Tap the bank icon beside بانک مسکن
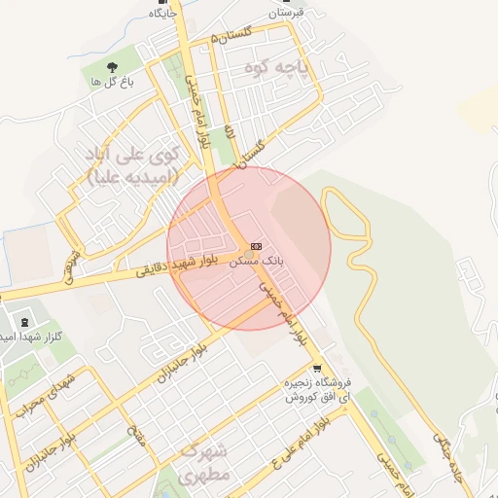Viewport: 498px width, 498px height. pyautogui.click(x=256, y=246)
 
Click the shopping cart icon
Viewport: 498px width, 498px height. pyautogui.click(x=317, y=368)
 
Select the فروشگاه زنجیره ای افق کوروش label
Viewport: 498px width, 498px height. pyautogui.click(x=317, y=391)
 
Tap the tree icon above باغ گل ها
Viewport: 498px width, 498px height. pyautogui.click(x=113, y=68)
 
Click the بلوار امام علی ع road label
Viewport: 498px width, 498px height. pyautogui.click(x=297, y=438)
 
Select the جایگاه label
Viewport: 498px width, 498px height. pyautogui.click(x=162, y=14)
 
